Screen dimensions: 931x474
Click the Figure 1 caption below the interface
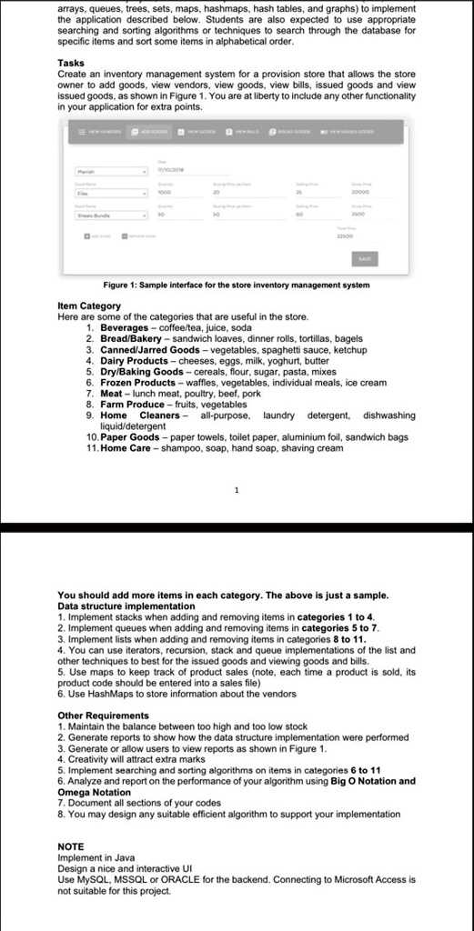(237, 285)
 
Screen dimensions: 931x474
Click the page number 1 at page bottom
(237, 490)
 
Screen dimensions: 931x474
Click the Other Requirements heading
(103, 716)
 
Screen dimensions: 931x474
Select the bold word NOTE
(70, 846)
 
